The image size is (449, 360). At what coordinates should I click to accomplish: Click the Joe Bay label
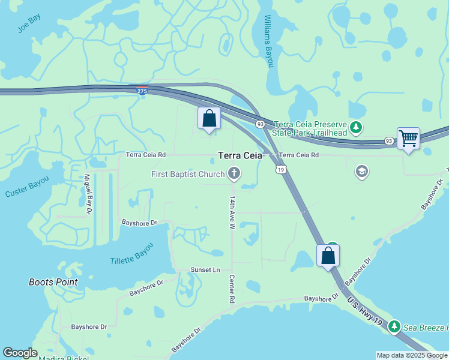click(x=29, y=24)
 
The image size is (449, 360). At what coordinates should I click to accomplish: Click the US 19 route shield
click(x=280, y=170)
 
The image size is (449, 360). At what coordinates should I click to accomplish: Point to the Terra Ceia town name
click(x=240, y=155)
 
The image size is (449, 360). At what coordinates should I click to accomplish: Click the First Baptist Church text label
click(x=188, y=174)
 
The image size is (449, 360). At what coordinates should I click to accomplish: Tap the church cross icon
click(x=234, y=174)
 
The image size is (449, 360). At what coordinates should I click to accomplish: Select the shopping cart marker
click(x=408, y=139)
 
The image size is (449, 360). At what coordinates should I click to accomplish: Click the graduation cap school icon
click(x=361, y=172)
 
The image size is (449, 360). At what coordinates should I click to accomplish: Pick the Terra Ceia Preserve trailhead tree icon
click(x=357, y=127)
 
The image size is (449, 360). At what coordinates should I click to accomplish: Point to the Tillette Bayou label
click(x=131, y=254)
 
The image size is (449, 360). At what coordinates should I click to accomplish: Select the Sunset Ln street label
click(x=205, y=269)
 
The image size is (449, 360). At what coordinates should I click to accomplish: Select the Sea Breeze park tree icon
click(x=394, y=327)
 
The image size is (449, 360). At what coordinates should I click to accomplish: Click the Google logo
click(x=20, y=353)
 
